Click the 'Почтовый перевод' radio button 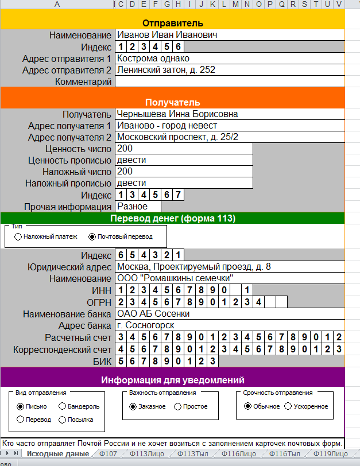pyautogui.click(x=92, y=236)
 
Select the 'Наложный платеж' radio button pyautogui.click(x=18, y=236)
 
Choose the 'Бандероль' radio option pyautogui.click(x=63, y=406)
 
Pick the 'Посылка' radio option pyautogui.click(x=63, y=420)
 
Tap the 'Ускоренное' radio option pyautogui.click(x=289, y=406)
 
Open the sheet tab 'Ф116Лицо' pyautogui.click(x=238, y=454)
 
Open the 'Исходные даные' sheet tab pyautogui.click(x=57, y=454)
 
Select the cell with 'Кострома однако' pyautogui.click(x=153, y=58)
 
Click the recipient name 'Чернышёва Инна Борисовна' pyautogui.click(x=177, y=114)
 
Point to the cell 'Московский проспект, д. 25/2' pyautogui.click(x=177, y=137)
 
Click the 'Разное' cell pyautogui.click(x=132, y=206)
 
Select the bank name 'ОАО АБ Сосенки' pyautogui.click(x=153, y=314)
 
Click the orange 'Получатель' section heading pyautogui.click(x=172, y=102)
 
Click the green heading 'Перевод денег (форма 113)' pyautogui.click(x=172, y=218)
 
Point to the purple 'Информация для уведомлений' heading pyautogui.click(x=172, y=380)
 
